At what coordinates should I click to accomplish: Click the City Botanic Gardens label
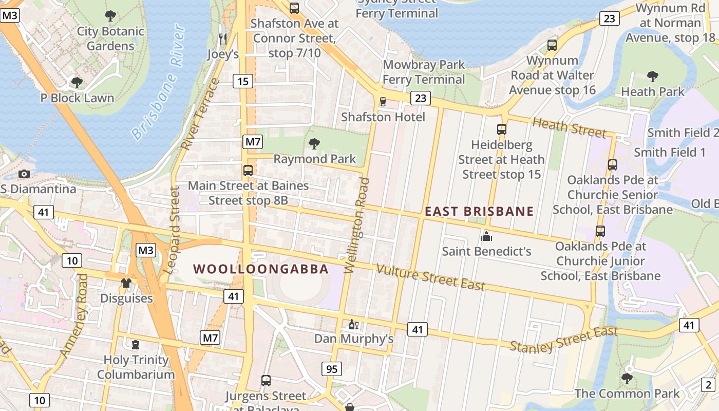coord(110,39)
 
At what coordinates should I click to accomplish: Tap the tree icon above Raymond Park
coord(314,144)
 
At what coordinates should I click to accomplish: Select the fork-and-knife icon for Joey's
coord(222,39)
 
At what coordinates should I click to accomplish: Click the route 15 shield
coord(243,81)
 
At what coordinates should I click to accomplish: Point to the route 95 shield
coord(332,368)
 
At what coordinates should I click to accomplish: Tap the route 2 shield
coord(708,384)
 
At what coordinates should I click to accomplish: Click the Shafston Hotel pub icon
coord(383,102)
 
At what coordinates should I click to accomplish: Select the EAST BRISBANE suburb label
coord(479,211)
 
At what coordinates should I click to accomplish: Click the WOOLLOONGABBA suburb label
coord(261,269)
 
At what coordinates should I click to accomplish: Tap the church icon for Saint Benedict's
coord(486,236)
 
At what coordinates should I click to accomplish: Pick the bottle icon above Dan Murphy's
coord(353,324)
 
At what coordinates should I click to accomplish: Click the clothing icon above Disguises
coord(126,283)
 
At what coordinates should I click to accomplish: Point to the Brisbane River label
coord(158,82)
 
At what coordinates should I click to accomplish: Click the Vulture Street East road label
coord(430,277)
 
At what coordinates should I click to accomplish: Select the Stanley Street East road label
coord(563,340)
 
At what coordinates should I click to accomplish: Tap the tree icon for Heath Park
coord(652,77)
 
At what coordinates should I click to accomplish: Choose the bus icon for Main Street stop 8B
coord(248,171)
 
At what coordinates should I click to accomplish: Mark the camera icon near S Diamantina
coord(24,174)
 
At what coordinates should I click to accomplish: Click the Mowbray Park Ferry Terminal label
coord(424,72)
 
